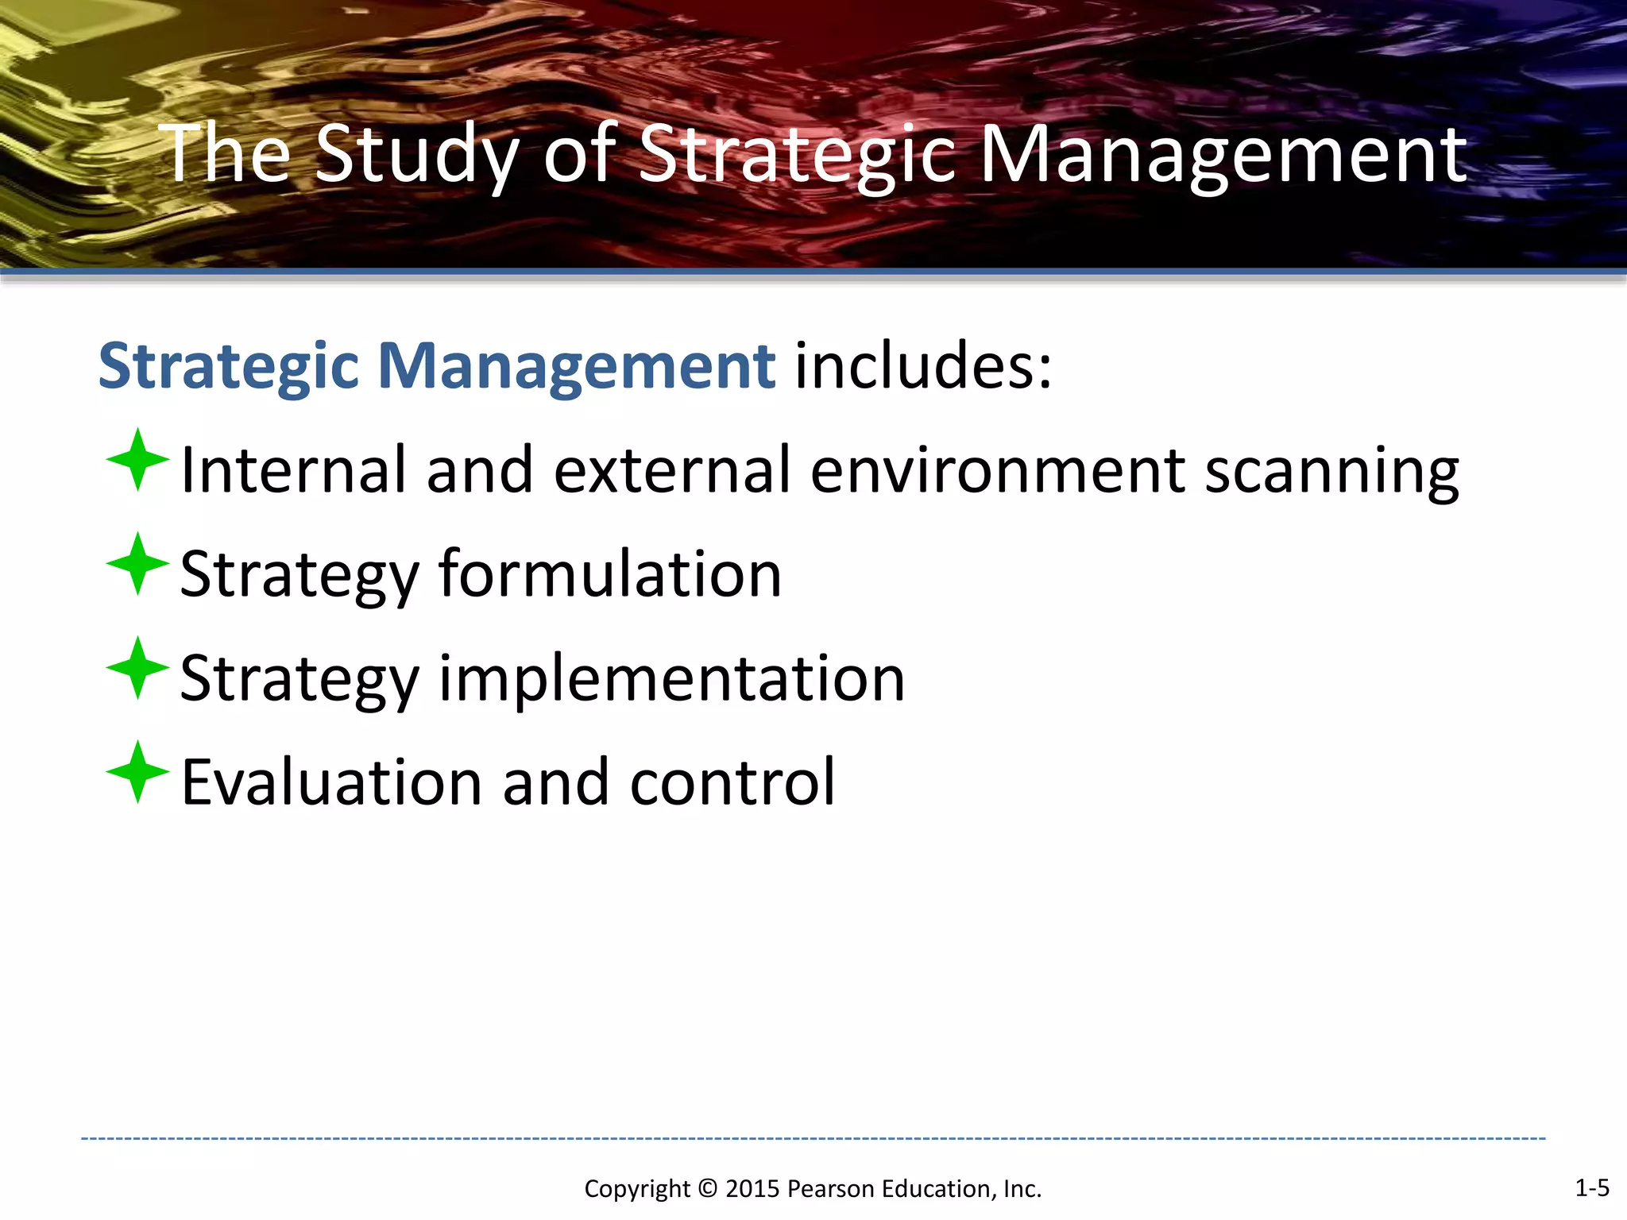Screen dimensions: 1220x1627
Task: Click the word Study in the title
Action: click(416, 155)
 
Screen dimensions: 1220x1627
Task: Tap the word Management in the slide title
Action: click(1223, 155)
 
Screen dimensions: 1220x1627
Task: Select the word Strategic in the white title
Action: click(797, 155)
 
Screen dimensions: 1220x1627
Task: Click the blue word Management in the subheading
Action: click(576, 366)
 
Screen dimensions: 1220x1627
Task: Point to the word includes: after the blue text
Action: click(923, 366)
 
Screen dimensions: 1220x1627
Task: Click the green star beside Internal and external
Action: click(137, 460)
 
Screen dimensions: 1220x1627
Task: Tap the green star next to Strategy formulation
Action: click(137, 564)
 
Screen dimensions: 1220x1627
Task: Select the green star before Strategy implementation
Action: click(137, 668)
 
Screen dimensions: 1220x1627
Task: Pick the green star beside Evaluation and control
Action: click(137, 772)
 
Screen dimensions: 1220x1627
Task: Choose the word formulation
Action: click(610, 573)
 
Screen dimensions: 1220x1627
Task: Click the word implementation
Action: click(671, 678)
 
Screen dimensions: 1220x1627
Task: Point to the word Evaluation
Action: click(331, 782)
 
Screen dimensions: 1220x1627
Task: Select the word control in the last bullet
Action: click(732, 782)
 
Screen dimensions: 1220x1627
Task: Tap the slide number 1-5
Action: click(1591, 1187)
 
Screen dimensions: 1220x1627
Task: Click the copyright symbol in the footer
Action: click(707, 1189)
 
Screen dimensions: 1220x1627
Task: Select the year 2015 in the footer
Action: click(752, 1189)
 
